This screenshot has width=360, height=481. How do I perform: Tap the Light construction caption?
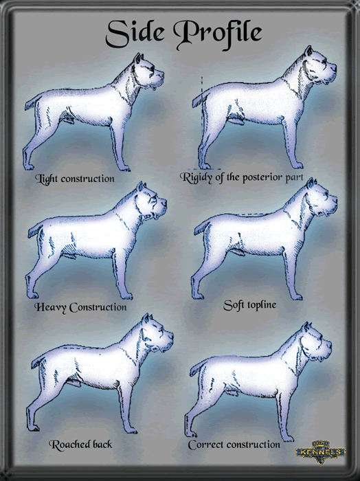pos(75,179)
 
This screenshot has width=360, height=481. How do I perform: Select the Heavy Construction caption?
pos(80,306)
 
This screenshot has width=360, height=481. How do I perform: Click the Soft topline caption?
pos(250,303)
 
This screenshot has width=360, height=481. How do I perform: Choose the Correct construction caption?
pos(234,445)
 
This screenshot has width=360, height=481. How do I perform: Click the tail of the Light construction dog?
pos(32,102)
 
